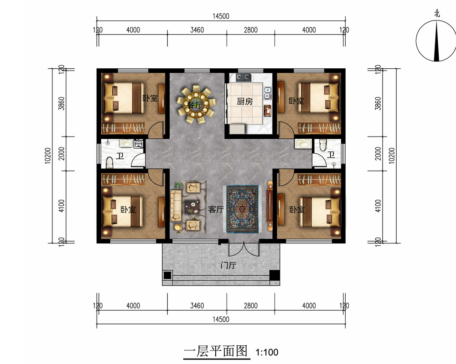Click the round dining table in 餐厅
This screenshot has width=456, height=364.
tap(196, 104)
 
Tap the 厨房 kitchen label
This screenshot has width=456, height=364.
tap(244, 101)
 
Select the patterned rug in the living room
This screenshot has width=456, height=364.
tap(242, 209)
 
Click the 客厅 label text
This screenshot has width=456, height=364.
tap(216, 209)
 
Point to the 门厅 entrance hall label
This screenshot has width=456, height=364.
tap(228, 265)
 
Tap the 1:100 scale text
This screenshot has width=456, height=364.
tap(267, 352)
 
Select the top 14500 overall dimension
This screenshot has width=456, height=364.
tap(221, 16)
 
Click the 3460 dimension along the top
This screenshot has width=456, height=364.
tap(197, 30)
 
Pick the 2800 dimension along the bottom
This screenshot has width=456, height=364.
tap(251, 306)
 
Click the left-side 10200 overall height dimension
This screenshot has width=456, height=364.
tap(48, 156)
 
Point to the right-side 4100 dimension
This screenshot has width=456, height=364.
tap(378, 206)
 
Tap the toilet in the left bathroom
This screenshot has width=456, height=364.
tap(109, 162)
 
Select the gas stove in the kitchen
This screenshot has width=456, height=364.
tap(244, 77)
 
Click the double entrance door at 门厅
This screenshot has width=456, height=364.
tap(244, 249)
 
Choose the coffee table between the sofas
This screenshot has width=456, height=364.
tap(192, 207)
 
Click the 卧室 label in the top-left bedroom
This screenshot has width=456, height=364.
tap(150, 98)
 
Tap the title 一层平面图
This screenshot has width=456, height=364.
tap(216, 351)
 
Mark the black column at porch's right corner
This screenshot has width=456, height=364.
tap(274, 275)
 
